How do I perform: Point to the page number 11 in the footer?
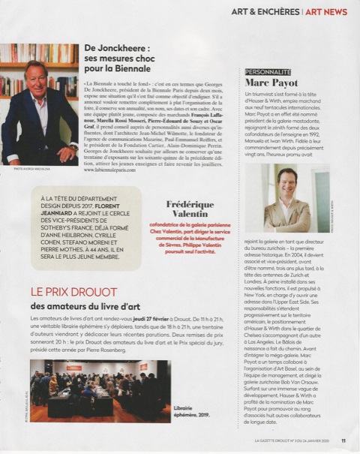pos(343,440)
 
